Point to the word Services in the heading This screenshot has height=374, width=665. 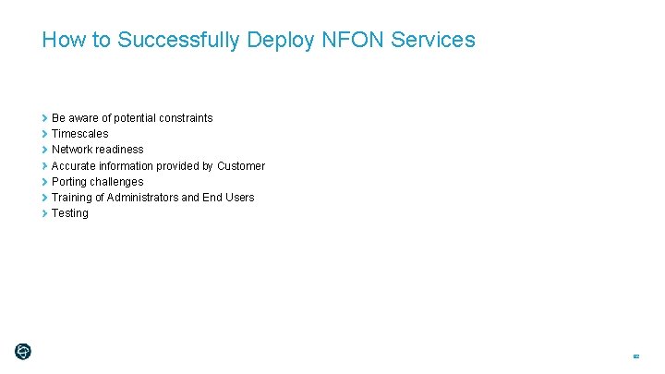433,40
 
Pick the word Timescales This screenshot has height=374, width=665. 79,134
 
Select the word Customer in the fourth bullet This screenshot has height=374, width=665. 241,166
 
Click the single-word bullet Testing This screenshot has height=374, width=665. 70,213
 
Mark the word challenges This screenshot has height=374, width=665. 118,182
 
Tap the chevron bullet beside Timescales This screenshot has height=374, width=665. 44,134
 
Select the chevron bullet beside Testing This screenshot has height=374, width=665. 44,213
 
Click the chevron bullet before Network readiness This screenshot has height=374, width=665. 44,150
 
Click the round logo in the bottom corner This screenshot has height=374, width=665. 23,351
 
